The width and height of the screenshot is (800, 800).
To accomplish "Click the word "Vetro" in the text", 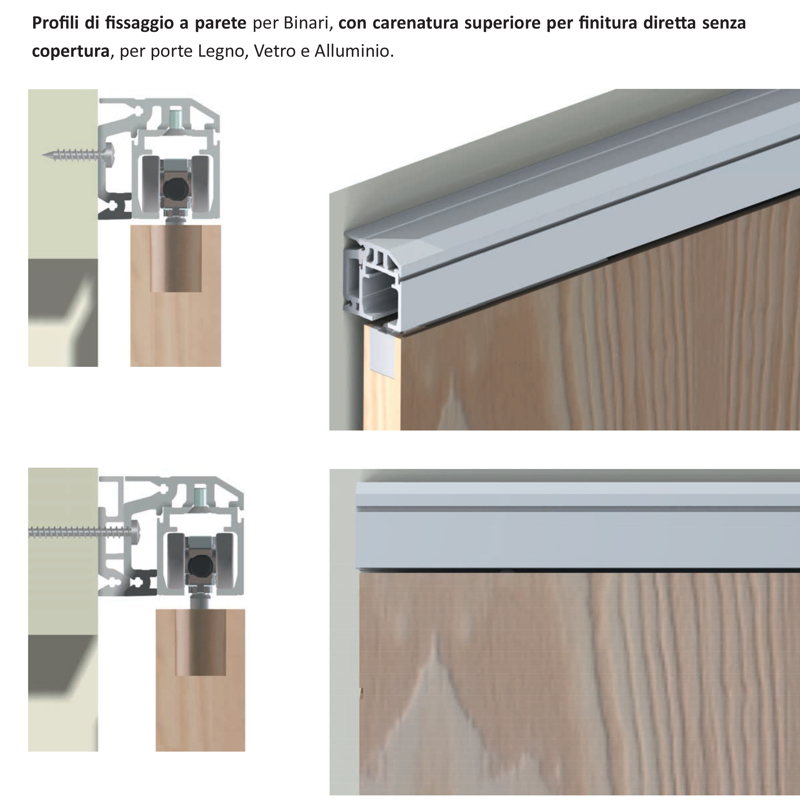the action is point(274,51).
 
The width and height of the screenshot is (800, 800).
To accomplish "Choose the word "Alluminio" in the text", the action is point(354,51).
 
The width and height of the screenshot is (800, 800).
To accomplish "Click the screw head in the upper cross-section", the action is point(110,155).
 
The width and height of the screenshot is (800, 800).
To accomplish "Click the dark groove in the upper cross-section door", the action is point(176,258).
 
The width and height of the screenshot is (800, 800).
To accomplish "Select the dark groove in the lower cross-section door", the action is point(201,642).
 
